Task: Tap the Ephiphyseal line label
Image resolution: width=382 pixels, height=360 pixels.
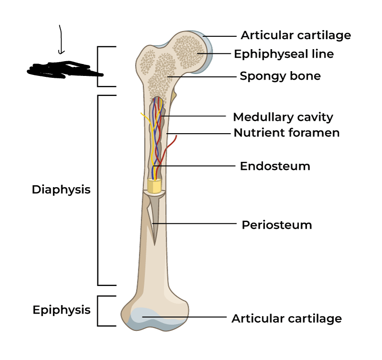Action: [x=284, y=54]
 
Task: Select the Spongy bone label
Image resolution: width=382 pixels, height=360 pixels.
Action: [x=280, y=76]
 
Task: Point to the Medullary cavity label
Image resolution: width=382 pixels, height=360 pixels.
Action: [x=283, y=117]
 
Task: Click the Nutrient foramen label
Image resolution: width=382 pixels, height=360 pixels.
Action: [x=286, y=133]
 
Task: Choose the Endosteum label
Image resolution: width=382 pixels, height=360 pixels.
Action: [x=275, y=166]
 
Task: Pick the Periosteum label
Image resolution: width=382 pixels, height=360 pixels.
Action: [x=276, y=225]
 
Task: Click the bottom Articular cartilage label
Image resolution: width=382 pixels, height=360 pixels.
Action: [x=286, y=318]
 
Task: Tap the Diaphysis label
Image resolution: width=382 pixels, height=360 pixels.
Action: [x=61, y=190]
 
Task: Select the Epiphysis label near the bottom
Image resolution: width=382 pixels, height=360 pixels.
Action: [x=62, y=310]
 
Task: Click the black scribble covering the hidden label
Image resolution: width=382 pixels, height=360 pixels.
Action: [x=64, y=70]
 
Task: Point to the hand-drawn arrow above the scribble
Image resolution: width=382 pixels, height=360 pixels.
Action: [x=61, y=40]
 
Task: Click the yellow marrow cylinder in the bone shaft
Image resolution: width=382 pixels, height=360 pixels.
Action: [x=154, y=186]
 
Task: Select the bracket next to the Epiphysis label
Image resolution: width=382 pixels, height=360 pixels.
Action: [x=99, y=311]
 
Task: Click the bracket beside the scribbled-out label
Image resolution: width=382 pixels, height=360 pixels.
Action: [x=99, y=66]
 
